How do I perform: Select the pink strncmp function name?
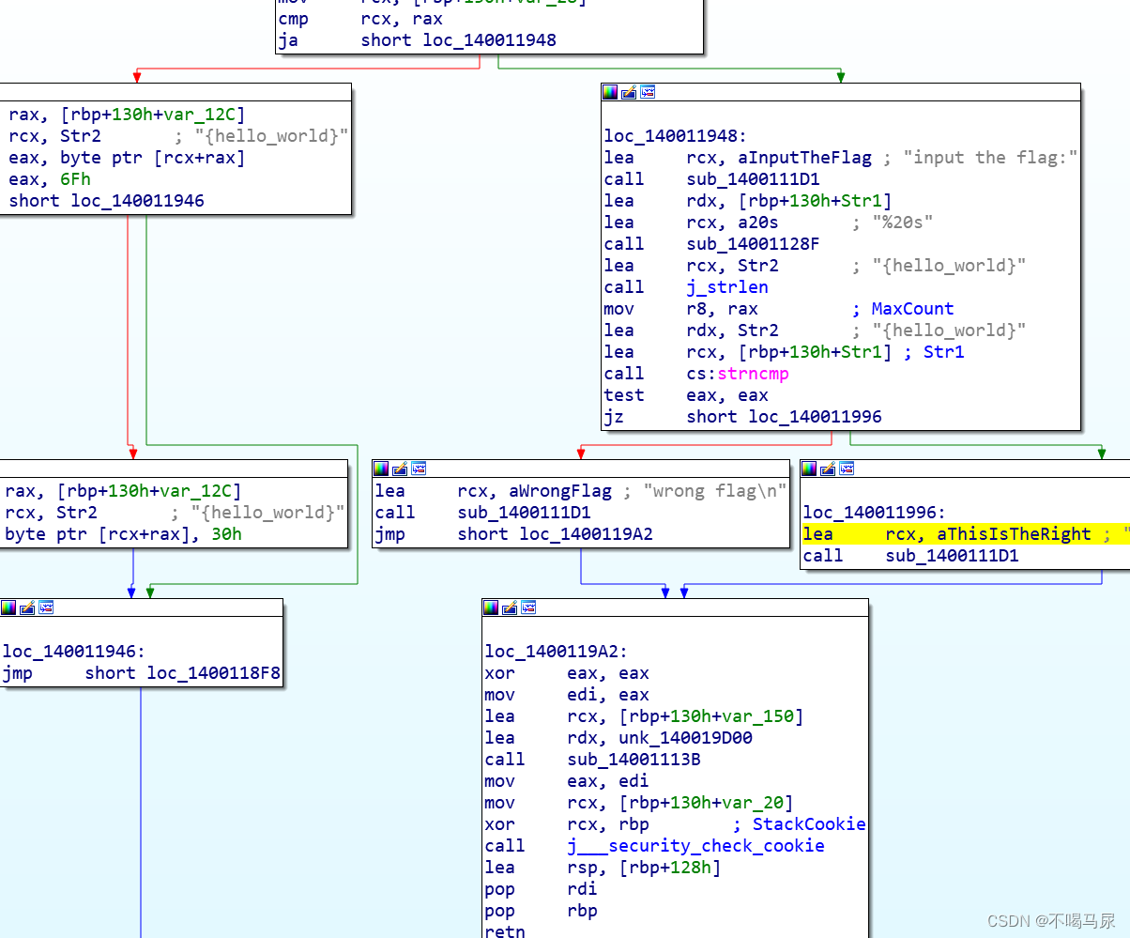[753, 374]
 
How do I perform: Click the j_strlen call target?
[727, 287]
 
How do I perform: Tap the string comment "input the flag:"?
[990, 158]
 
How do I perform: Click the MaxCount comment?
[912, 309]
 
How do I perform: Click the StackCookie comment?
[809, 824]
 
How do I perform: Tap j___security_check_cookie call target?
[695, 846]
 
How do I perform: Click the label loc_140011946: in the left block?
[74, 652]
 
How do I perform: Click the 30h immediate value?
[226, 534]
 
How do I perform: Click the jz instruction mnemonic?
[614, 417]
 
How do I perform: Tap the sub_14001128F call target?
[753, 244]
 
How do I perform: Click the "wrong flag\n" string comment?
[714, 491]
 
